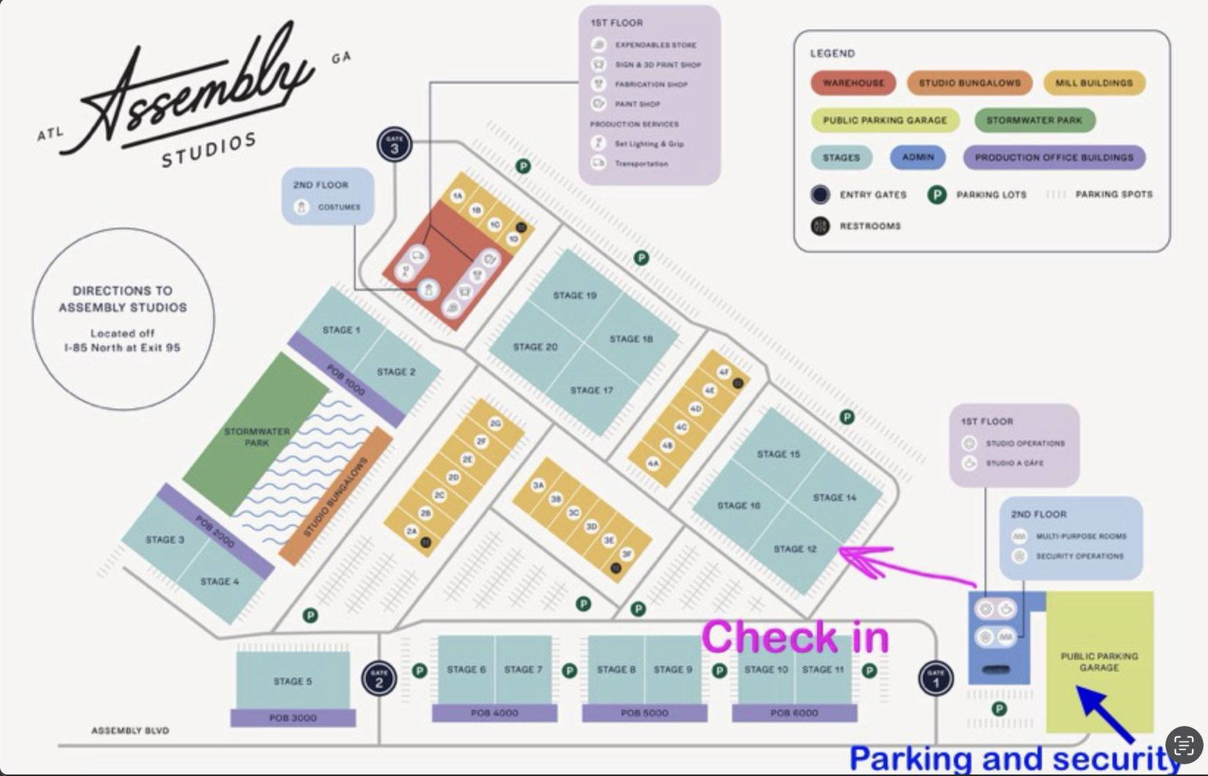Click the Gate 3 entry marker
coord(395,145)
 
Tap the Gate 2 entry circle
coord(379,678)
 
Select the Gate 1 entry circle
coord(935,678)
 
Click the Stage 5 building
coord(292,680)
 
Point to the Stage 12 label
coord(795,549)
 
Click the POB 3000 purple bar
coord(292,718)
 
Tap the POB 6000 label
coord(794,713)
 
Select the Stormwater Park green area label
coord(256,436)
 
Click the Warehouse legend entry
coord(853,83)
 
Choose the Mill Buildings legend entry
coord(1093,83)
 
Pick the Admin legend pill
coord(918,157)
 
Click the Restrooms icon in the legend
coord(820,226)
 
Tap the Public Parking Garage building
coord(1099,661)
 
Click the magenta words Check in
coord(795,636)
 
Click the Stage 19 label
coord(575,295)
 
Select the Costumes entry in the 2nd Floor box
coord(339,207)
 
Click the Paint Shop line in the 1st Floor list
coord(637,104)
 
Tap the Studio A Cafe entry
coord(1014,463)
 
